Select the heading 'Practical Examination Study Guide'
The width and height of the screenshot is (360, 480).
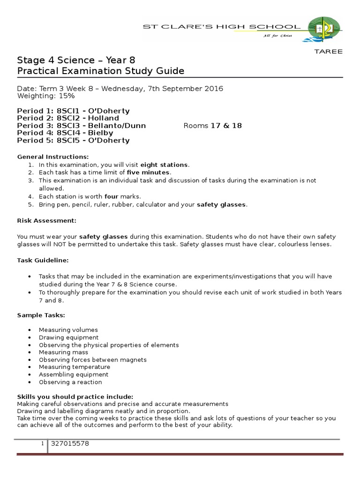coord(100,71)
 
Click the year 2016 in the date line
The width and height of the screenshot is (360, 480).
coord(213,89)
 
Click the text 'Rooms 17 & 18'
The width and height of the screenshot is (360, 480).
coord(212,126)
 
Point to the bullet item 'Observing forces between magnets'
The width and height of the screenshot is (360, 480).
coord(93,360)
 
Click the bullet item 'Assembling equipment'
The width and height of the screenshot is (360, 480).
coord(74,375)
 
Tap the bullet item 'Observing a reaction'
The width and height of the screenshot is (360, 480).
coord(70,382)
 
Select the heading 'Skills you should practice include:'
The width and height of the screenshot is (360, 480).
coord(75,396)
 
